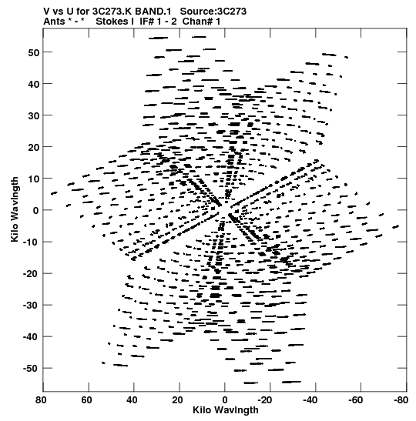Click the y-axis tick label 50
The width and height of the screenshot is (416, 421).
(x=33, y=52)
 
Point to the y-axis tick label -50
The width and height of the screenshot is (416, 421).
(x=31, y=369)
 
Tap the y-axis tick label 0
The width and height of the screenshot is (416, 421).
(x=36, y=211)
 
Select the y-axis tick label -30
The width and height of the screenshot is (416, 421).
(x=31, y=306)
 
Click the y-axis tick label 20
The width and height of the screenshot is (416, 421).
(x=33, y=148)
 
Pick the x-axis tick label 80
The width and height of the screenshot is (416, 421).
(x=41, y=400)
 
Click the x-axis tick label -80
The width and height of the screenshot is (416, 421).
(x=401, y=400)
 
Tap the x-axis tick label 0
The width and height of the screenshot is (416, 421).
(x=225, y=400)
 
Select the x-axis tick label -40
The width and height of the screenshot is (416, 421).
(x=310, y=400)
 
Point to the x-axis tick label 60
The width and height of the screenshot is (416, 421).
(x=86, y=400)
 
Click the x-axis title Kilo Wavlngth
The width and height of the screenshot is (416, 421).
(x=226, y=410)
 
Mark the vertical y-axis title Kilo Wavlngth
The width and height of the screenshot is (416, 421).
(x=15, y=209)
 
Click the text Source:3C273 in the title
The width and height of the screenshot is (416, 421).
(x=213, y=12)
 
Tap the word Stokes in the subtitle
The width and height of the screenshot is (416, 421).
(x=112, y=22)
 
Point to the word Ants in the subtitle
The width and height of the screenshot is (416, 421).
(x=54, y=22)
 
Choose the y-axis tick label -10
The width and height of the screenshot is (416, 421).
(x=31, y=242)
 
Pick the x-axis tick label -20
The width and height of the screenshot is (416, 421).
(x=265, y=400)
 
